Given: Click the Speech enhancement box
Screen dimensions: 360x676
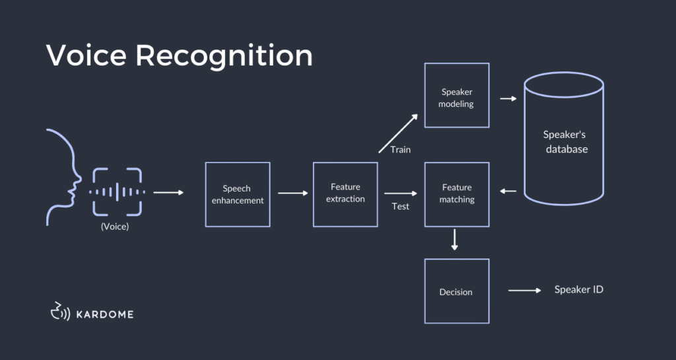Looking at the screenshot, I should pyautogui.click(x=237, y=194).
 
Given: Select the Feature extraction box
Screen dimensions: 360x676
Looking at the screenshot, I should pyautogui.click(x=345, y=194).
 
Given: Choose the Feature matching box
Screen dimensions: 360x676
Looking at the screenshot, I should pyautogui.click(x=456, y=194).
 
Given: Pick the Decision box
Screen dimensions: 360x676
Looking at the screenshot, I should pyautogui.click(x=456, y=291).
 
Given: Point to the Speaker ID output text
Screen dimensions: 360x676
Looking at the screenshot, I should pyautogui.click(x=578, y=289).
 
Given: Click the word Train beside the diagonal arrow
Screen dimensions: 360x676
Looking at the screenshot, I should pyautogui.click(x=400, y=149).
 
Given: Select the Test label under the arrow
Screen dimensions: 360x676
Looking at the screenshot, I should pyautogui.click(x=400, y=206).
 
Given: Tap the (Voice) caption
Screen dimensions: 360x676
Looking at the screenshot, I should pyautogui.click(x=114, y=226).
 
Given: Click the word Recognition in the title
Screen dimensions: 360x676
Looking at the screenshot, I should pyautogui.click(x=224, y=56).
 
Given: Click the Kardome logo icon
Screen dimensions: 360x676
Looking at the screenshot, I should pyautogui.click(x=59, y=311).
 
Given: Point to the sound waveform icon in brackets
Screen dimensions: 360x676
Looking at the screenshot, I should pyautogui.click(x=117, y=192).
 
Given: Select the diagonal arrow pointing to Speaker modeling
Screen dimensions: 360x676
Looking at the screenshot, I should pyautogui.click(x=399, y=133).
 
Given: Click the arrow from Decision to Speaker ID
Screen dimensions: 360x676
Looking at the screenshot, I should pyautogui.click(x=525, y=290).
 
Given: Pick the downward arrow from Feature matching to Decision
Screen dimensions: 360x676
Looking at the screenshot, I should pyautogui.click(x=454, y=239).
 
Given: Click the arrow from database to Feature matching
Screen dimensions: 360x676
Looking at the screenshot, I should pyautogui.click(x=508, y=192).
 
